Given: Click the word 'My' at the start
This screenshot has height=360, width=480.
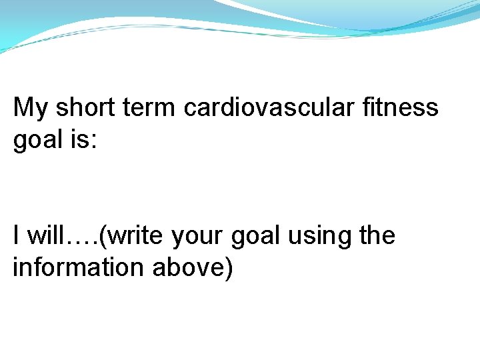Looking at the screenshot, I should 31,108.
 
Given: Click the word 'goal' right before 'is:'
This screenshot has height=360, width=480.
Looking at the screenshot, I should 37,141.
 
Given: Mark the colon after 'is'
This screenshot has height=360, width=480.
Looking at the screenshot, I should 94,141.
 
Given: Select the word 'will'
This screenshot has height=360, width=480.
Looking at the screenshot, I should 45,235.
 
